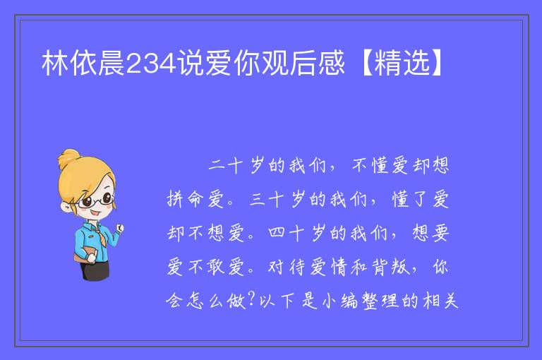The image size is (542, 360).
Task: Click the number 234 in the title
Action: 152,64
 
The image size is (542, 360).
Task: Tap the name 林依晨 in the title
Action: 83,63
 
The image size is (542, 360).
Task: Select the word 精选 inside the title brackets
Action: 402,63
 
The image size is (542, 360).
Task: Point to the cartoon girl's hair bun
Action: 68,158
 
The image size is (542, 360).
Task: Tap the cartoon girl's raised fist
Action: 120,227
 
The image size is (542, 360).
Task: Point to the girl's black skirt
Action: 95,270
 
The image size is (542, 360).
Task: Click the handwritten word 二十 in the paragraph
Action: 226,165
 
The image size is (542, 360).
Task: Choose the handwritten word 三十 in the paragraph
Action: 266,199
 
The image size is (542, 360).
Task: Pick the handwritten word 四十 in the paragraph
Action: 287,233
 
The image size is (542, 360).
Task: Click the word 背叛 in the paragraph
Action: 390,267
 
